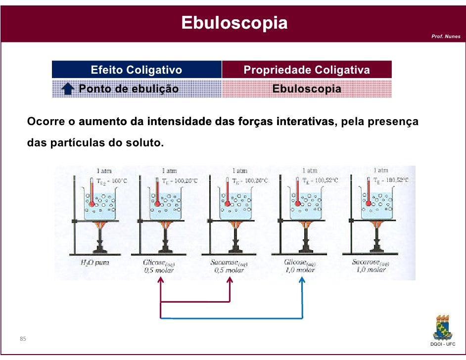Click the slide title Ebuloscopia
[234, 22]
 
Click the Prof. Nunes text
[445, 37]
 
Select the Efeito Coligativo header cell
[136, 70]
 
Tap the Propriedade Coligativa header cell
[306, 70]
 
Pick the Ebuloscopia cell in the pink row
[306, 90]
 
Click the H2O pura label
[94, 263]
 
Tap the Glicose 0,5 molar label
[158, 267]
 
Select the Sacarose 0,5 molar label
[229, 267]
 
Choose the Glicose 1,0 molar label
[300, 267]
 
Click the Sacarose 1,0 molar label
[370, 267]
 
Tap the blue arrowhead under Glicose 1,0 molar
[302, 280]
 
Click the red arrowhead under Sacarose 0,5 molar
[230, 280]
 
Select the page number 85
[23, 339]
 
